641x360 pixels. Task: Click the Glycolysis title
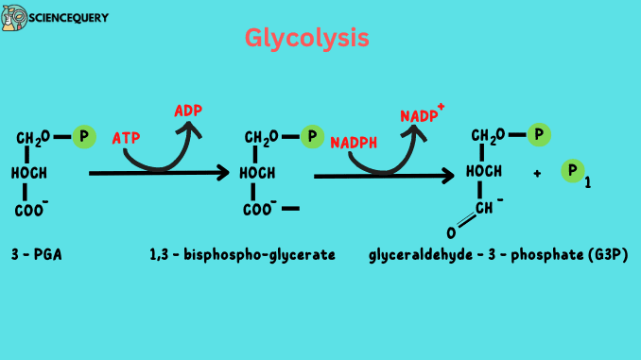point(306,39)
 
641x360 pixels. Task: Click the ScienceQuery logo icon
point(13,18)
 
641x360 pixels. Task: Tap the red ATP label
point(126,138)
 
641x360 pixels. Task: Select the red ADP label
point(189,111)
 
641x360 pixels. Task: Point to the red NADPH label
point(353,143)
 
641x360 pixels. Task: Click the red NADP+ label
point(421,114)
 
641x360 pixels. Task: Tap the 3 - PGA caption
point(37,254)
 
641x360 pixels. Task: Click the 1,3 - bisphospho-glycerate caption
point(242,254)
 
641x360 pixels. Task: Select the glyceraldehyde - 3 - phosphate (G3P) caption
point(497,255)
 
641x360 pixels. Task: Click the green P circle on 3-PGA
point(84,136)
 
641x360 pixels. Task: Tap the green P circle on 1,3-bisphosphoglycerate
point(312,137)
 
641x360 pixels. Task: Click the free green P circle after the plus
point(572,171)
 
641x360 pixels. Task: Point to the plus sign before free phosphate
point(537,174)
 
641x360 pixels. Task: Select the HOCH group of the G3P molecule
point(484,171)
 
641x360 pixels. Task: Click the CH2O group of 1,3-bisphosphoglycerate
point(261,139)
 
